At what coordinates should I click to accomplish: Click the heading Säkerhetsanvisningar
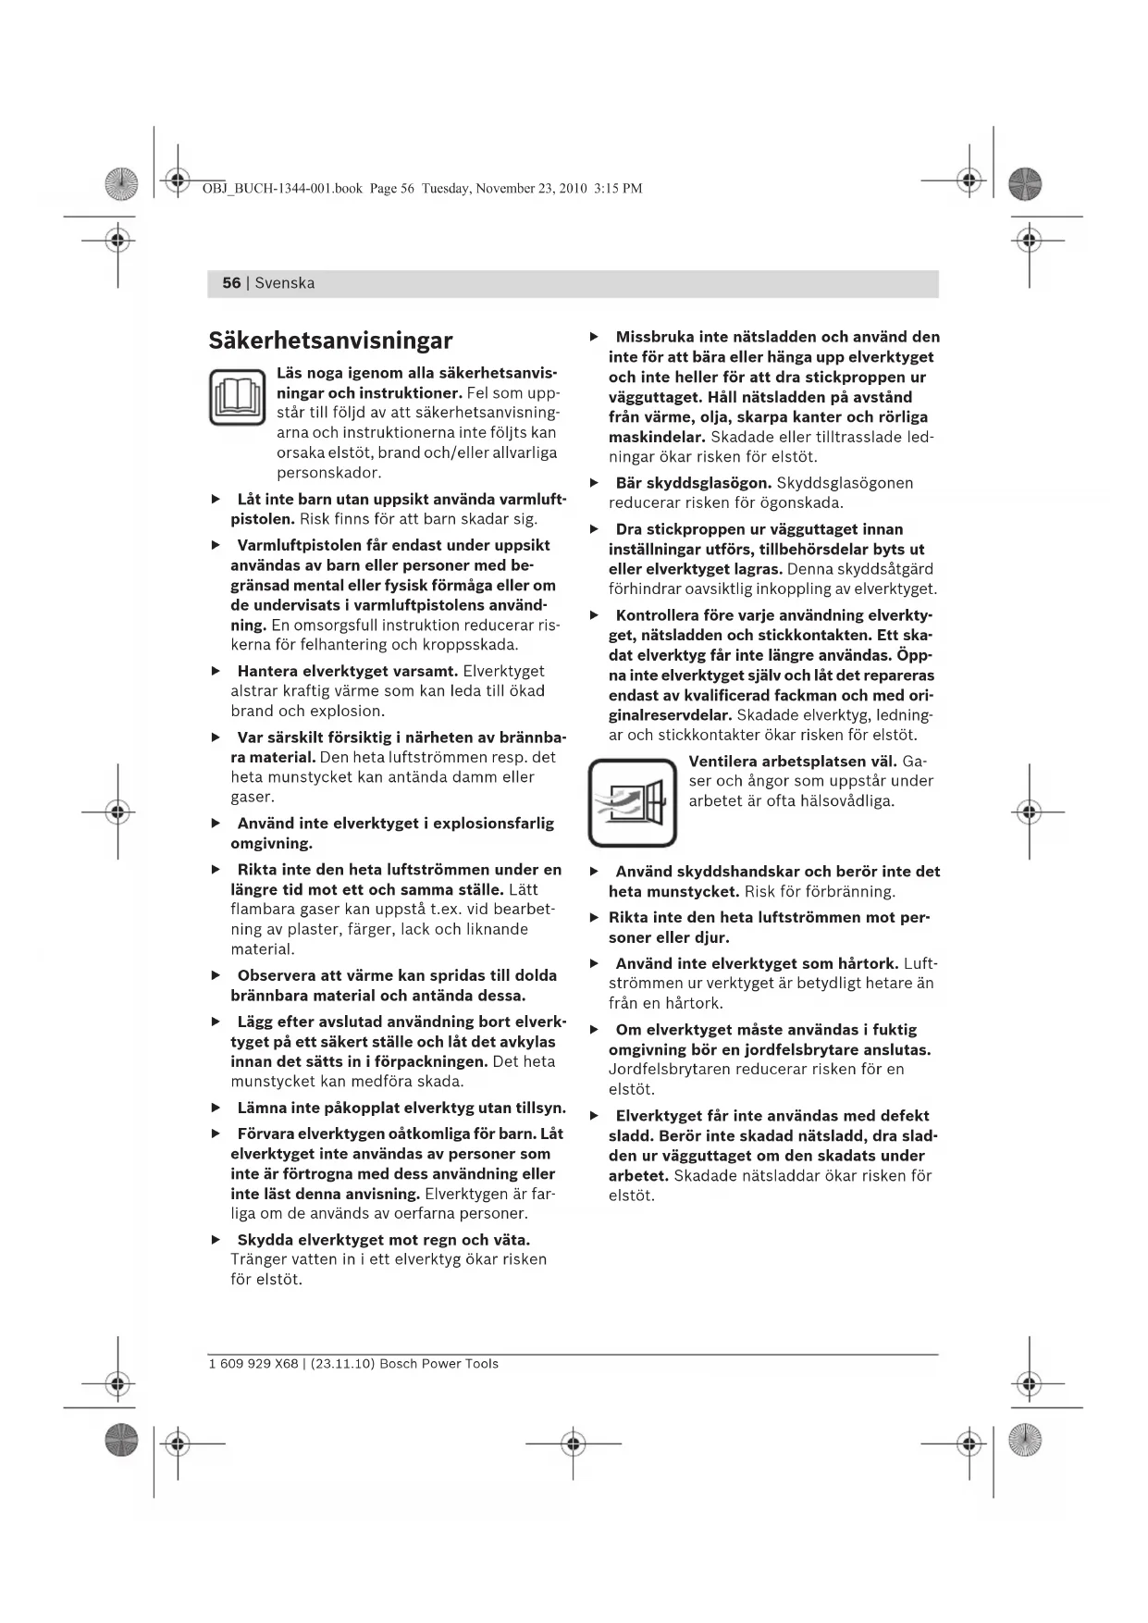click(330, 341)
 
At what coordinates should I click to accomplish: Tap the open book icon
click(238, 397)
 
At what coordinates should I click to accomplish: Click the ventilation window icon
click(633, 802)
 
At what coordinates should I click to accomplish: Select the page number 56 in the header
click(231, 283)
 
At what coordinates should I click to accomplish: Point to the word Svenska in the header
click(285, 283)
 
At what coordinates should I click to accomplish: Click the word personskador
click(328, 473)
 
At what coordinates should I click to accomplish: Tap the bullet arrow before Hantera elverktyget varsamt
click(216, 671)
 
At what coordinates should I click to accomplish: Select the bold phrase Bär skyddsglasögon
click(693, 483)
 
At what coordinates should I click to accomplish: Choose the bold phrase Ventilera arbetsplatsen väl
click(793, 761)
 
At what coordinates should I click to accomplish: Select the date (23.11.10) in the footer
click(342, 1364)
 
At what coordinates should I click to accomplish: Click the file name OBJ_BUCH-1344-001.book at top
click(281, 189)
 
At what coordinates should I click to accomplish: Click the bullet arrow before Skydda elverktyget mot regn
click(216, 1240)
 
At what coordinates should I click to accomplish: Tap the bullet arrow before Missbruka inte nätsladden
click(595, 337)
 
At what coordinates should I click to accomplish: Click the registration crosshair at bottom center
click(573, 1443)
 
